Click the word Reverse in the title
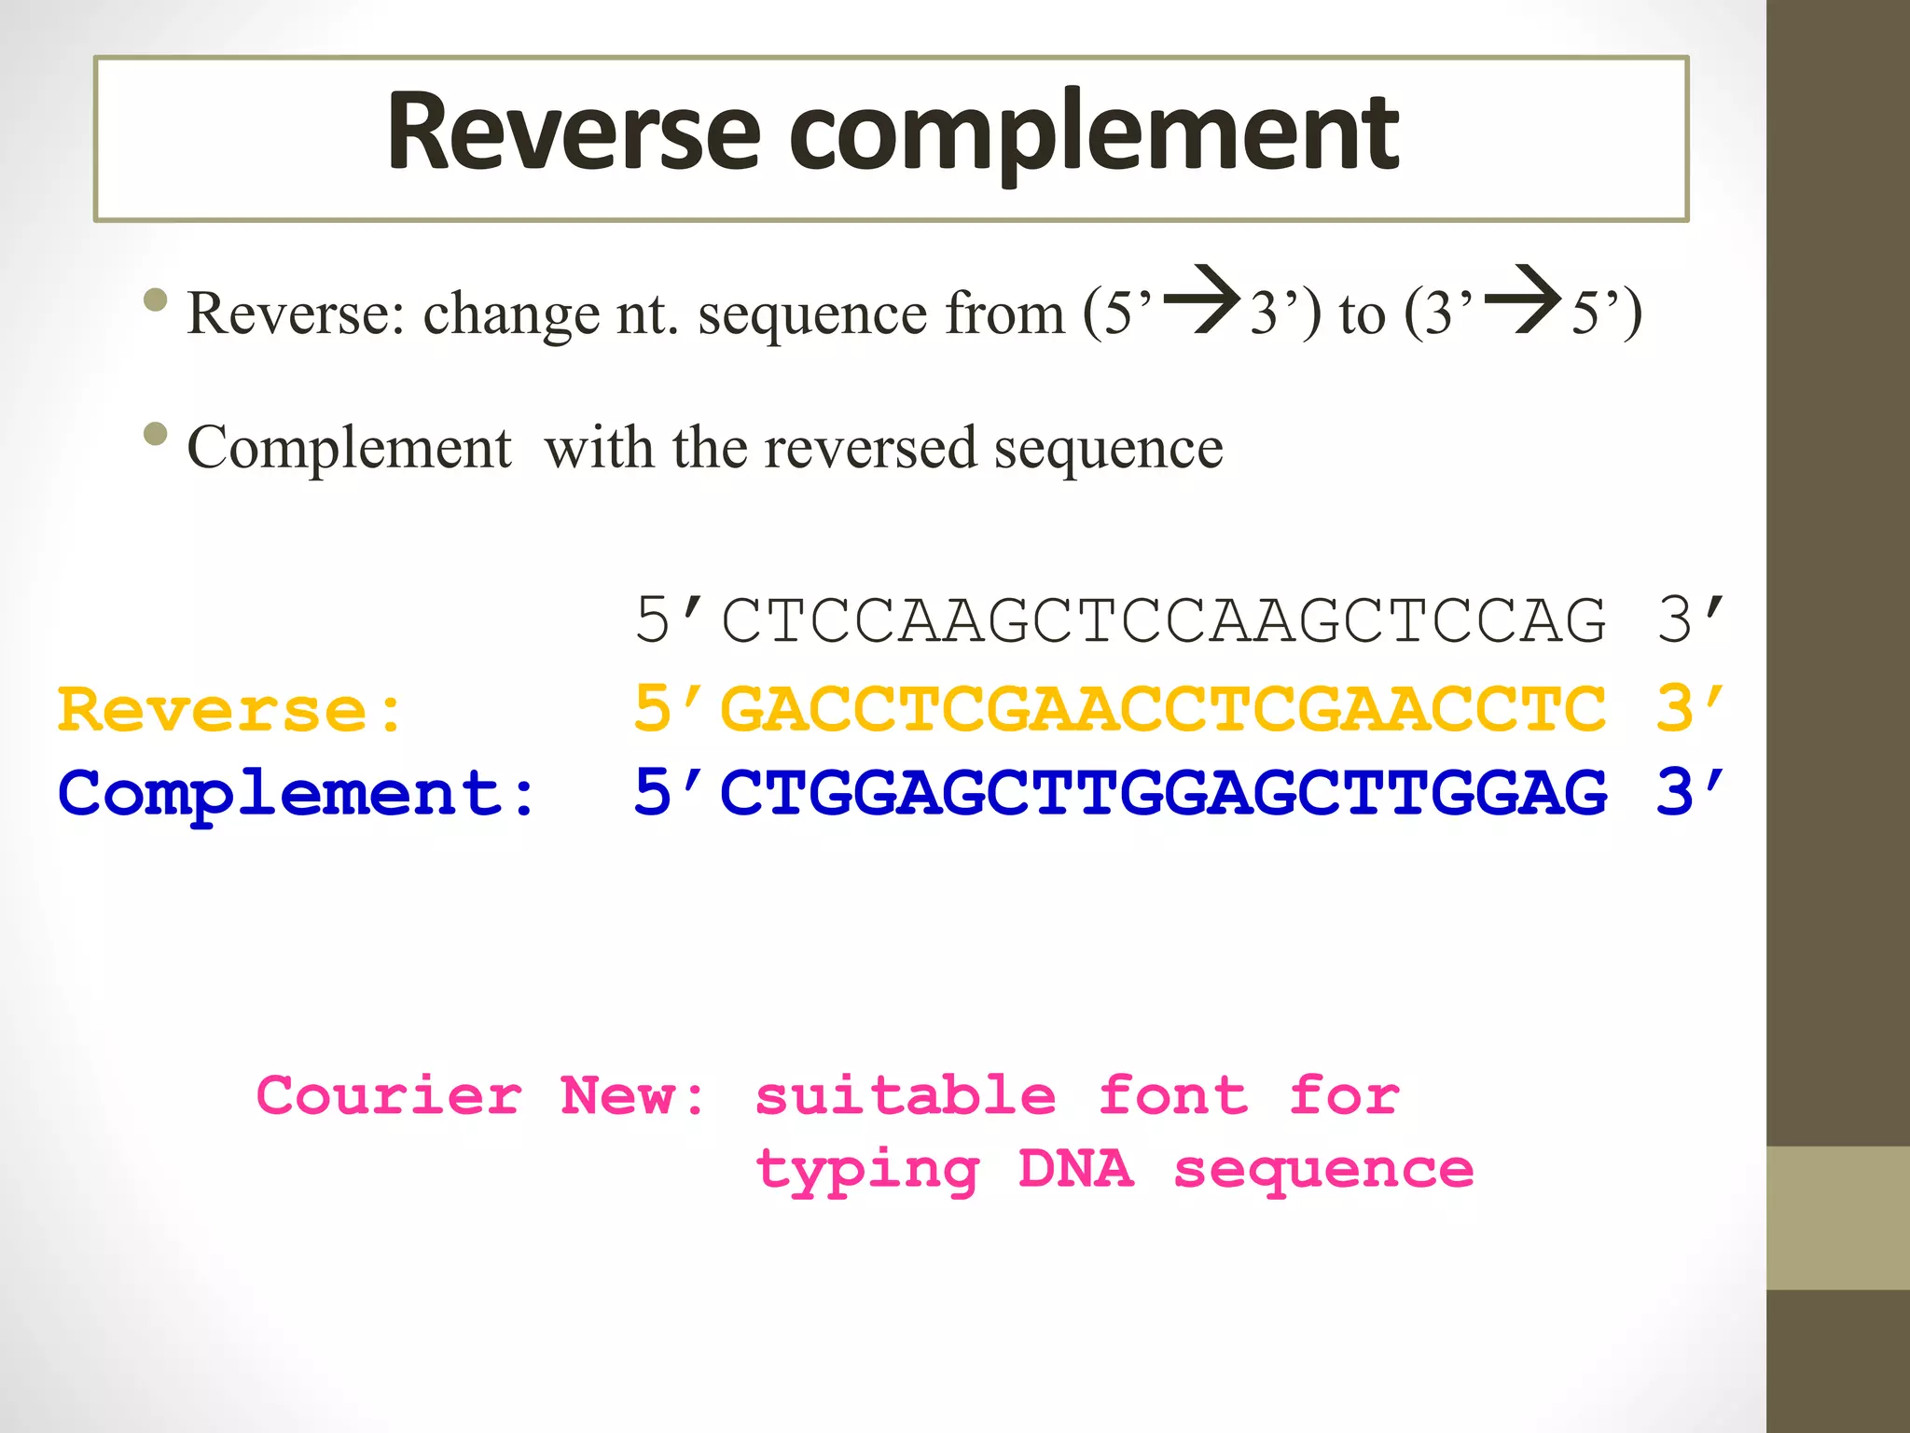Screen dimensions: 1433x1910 (x=574, y=132)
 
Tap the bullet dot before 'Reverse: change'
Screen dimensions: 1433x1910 (x=156, y=299)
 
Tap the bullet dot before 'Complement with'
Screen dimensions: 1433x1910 (x=156, y=434)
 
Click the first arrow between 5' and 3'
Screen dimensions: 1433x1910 (x=1202, y=300)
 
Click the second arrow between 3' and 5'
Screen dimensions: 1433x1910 (x=1523, y=300)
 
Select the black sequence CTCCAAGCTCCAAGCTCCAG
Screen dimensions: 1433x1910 (x=1164, y=620)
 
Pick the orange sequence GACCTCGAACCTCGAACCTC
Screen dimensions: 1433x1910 (x=1164, y=709)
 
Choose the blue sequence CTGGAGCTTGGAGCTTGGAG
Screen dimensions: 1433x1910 (x=1164, y=794)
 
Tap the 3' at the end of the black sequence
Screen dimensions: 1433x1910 (x=1690, y=620)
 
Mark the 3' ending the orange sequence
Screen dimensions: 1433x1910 (x=1690, y=709)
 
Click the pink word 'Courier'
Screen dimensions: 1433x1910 (x=389, y=1095)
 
